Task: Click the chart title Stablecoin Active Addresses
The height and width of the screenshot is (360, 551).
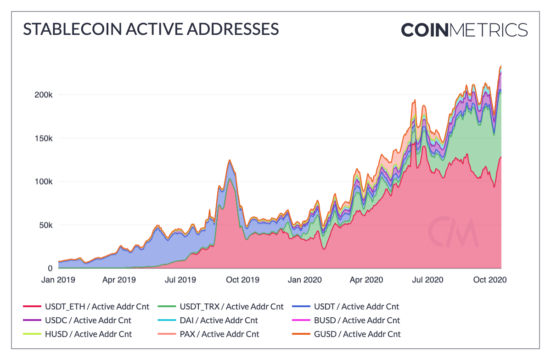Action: [x=151, y=29]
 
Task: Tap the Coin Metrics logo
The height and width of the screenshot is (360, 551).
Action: [x=464, y=30]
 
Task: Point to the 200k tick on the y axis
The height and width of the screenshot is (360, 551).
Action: [x=45, y=95]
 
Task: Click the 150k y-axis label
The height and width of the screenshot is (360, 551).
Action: [x=45, y=139]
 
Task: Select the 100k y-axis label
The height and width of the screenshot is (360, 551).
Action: [x=45, y=182]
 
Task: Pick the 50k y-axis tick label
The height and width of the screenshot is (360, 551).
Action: [x=46, y=225]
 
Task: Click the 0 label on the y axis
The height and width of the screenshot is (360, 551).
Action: [x=50, y=268]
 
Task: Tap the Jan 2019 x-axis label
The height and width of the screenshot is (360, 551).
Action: [x=59, y=280]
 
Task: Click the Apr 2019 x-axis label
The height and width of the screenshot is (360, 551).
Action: [x=118, y=280]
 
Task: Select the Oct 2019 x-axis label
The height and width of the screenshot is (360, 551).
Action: [x=243, y=280]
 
